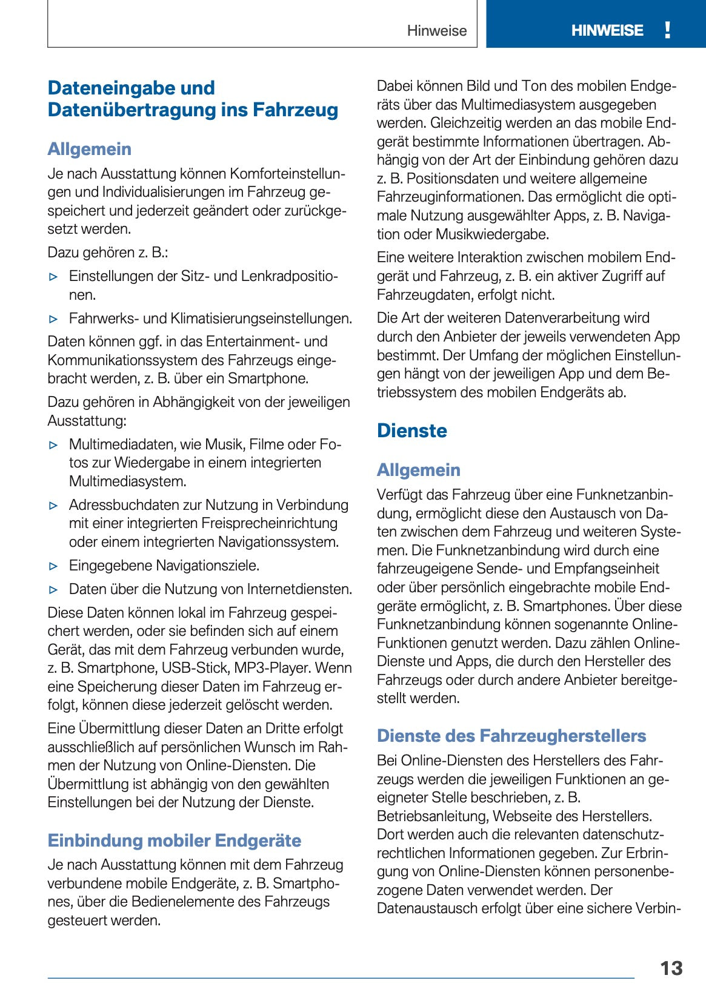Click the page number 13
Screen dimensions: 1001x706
[x=671, y=968]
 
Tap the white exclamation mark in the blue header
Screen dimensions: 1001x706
[x=667, y=30]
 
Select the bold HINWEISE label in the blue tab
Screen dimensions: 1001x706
[x=607, y=30]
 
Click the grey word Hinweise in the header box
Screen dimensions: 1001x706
[x=436, y=31]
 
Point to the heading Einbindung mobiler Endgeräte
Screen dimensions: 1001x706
[x=174, y=841]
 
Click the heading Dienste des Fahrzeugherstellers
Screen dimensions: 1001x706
[x=511, y=736]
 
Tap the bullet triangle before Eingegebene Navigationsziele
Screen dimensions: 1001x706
[x=54, y=566]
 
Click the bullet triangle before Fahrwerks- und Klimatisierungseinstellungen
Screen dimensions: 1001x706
[x=54, y=319]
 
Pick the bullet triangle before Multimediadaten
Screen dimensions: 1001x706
[x=54, y=445]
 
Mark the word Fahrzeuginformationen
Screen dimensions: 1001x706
[x=450, y=197]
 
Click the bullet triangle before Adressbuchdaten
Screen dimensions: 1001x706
[x=54, y=506]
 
